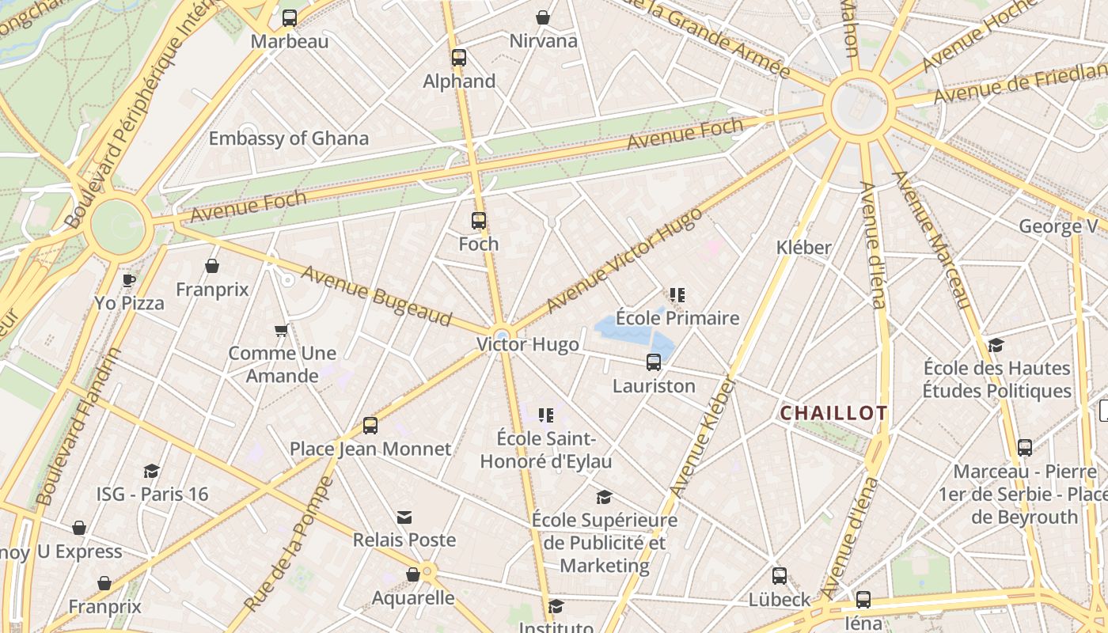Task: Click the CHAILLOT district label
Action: coord(833,413)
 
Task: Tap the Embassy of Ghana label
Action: coord(288,138)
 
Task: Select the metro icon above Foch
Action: coord(479,221)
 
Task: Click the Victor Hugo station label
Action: coord(528,345)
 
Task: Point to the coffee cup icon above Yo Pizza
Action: coord(129,280)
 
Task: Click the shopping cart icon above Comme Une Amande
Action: coord(281,330)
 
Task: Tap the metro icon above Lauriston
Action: coord(654,362)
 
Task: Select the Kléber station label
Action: coord(803,248)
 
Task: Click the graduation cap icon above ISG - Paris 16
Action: coord(151,472)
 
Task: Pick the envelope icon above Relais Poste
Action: coord(404,517)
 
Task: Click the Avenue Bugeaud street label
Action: coord(376,296)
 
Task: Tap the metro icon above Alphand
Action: coord(459,58)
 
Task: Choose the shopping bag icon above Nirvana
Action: coord(543,17)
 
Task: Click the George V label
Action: coord(1058,227)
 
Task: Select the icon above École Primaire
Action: coord(677,296)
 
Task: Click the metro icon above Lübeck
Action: coord(780,576)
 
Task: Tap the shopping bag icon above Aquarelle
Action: coord(413,574)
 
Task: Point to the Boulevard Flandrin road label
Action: coord(79,426)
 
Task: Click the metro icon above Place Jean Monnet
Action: coord(370,426)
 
